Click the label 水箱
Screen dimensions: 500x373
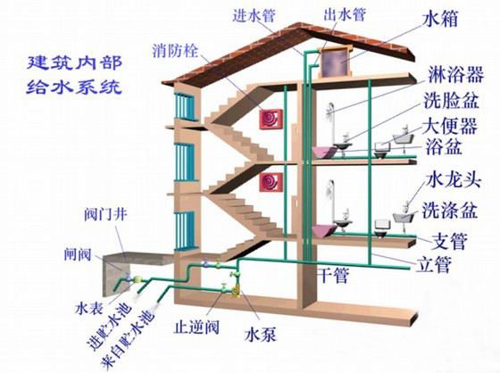click(440, 18)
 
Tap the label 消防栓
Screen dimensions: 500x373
click(175, 50)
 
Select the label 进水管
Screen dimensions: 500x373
click(254, 15)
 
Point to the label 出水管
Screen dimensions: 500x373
click(344, 14)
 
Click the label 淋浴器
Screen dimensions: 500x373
click(455, 75)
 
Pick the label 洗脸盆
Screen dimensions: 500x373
click(452, 100)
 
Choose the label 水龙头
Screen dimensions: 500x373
click(454, 180)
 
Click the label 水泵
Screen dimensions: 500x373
click(260, 334)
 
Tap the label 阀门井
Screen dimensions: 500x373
click(105, 214)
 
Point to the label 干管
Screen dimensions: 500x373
click(333, 275)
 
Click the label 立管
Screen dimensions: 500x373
click(434, 265)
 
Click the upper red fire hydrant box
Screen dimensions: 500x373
click(271, 119)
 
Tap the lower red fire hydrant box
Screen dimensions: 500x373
click(271, 182)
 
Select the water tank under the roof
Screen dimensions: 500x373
click(335, 62)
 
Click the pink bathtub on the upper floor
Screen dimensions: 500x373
click(324, 152)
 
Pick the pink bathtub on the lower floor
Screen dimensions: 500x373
click(324, 231)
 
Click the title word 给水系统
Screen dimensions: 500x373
click(74, 86)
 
